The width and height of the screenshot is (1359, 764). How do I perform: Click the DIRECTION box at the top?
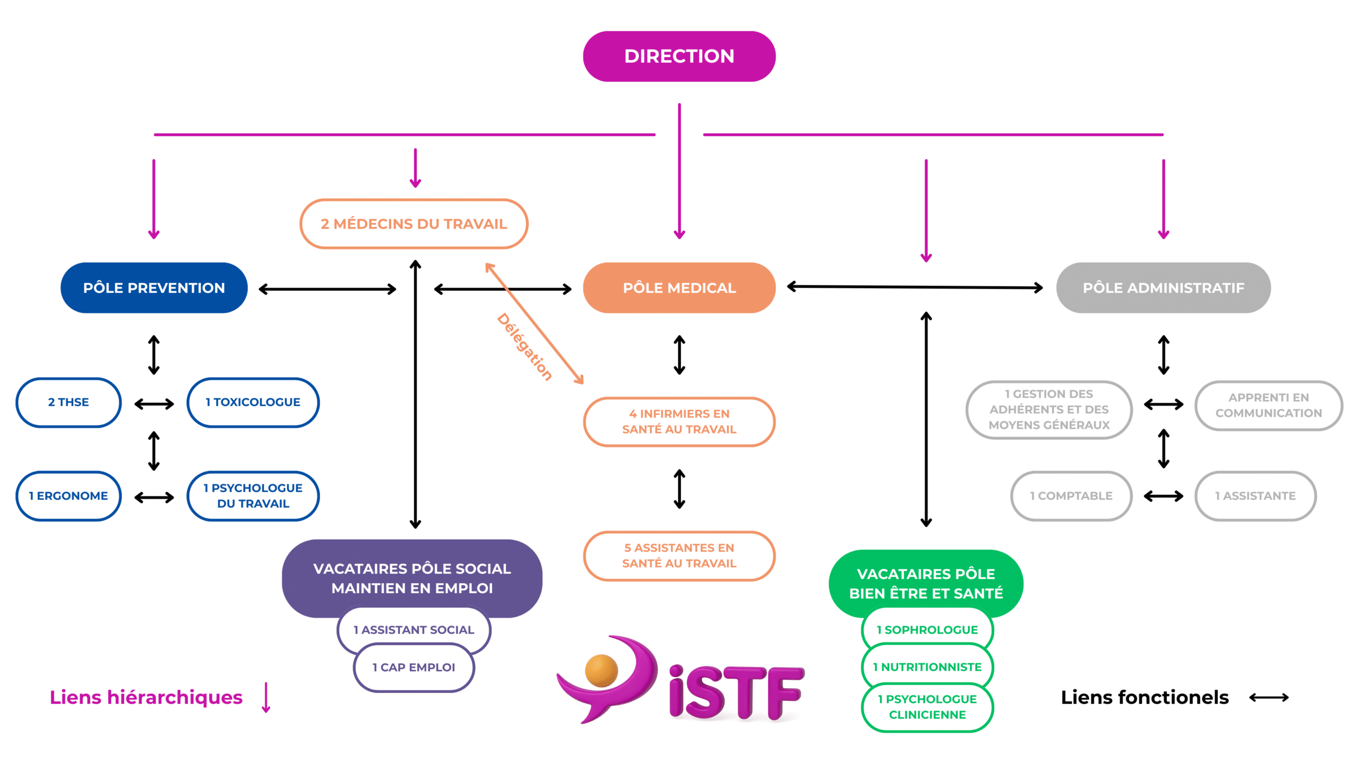pyautogui.click(x=679, y=56)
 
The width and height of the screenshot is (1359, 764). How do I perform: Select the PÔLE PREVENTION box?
pyautogui.click(x=154, y=288)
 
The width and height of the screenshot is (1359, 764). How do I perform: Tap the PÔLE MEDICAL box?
pyautogui.click(x=679, y=288)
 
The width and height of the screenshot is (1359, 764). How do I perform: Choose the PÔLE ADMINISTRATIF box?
pyautogui.click(x=1163, y=288)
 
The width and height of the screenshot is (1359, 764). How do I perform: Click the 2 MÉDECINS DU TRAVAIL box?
pyautogui.click(x=414, y=224)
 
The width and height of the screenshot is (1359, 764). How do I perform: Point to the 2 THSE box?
pyautogui.click(x=68, y=402)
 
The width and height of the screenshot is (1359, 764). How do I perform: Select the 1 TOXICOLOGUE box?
pyautogui.click(x=253, y=402)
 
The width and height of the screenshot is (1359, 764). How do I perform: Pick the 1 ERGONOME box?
pyautogui.click(x=68, y=496)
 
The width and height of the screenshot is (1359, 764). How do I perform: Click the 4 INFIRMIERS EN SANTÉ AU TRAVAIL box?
pyautogui.click(x=679, y=422)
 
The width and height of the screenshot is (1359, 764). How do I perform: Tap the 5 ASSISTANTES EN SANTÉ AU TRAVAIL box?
pyautogui.click(x=679, y=555)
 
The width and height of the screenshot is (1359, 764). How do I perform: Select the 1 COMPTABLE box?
pyautogui.click(x=1071, y=496)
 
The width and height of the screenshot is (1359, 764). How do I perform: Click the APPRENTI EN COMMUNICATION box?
pyautogui.click(x=1268, y=405)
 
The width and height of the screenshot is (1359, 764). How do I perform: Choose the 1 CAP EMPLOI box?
pyautogui.click(x=414, y=667)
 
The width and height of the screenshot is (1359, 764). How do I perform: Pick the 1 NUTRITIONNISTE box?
pyautogui.click(x=927, y=667)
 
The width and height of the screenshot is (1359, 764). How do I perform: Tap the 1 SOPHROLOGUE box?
pyautogui.click(x=927, y=630)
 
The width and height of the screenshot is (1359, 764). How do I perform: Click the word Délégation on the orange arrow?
pyautogui.click(x=524, y=347)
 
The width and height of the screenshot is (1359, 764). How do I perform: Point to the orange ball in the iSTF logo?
pyautogui.click(x=601, y=671)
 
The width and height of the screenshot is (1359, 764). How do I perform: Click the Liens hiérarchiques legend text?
pyautogui.click(x=146, y=697)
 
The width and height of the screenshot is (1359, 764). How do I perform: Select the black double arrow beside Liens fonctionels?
pyautogui.click(x=1269, y=697)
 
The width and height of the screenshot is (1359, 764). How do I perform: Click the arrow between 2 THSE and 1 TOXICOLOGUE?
pyautogui.click(x=154, y=404)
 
